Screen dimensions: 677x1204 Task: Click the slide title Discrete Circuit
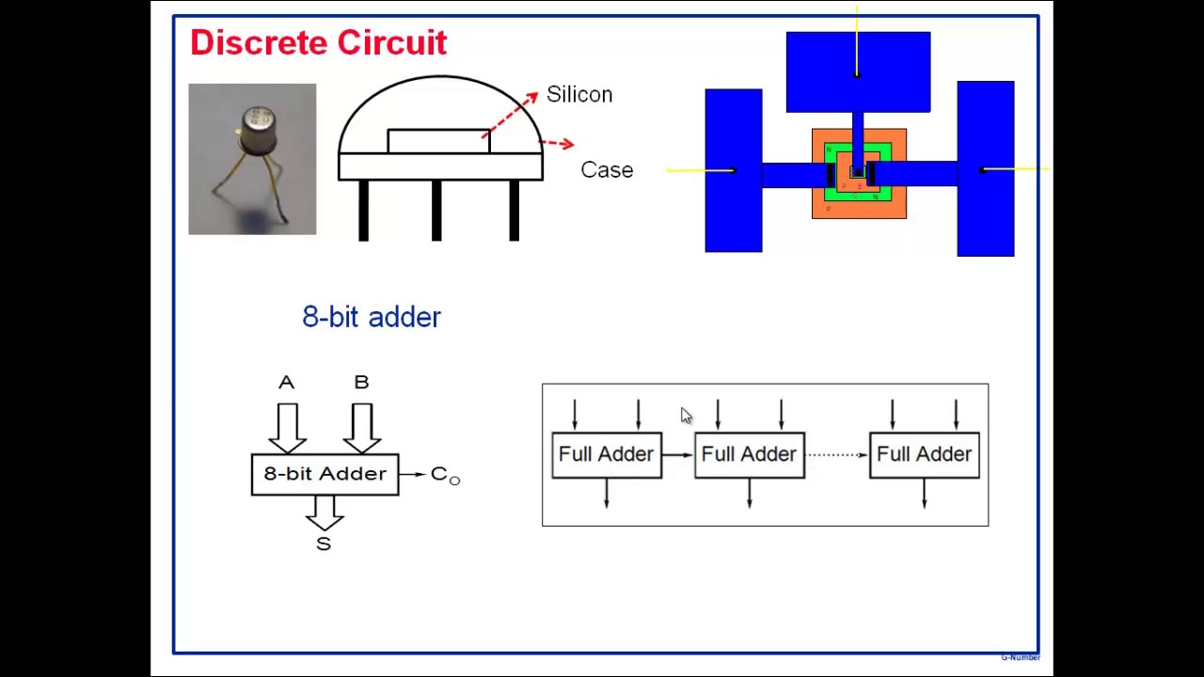coord(318,43)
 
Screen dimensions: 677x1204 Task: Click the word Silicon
coord(578,95)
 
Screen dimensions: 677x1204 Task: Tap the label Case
coord(607,170)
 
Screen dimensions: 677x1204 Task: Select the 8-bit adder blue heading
coord(372,317)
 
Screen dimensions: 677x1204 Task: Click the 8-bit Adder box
coord(325,474)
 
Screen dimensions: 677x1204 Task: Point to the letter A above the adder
coord(286,383)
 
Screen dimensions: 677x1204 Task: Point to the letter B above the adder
coord(361,383)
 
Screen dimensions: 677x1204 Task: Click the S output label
coord(324,544)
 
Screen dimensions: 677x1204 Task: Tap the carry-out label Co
coord(445,475)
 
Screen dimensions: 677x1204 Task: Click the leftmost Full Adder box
coord(607,455)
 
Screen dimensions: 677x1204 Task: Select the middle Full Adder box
coord(750,455)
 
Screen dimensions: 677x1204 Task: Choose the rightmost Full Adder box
coord(925,455)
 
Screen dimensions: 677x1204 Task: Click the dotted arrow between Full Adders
coord(836,455)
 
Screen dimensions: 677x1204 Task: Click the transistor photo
coord(252,159)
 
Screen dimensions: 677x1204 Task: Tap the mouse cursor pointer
coord(686,417)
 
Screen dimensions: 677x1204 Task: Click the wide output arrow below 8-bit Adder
coord(325,512)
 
